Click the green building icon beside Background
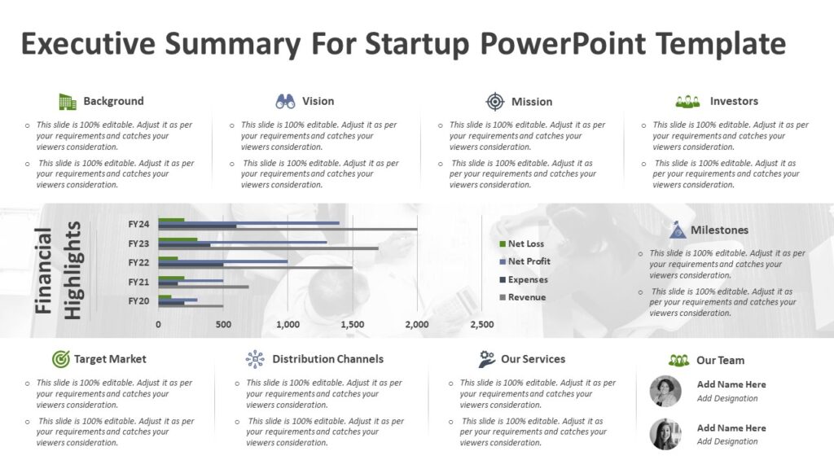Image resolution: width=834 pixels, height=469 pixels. click(67, 102)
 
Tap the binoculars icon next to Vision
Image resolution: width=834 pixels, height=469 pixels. click(285, 102)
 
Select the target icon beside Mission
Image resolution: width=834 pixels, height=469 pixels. click(495, 102)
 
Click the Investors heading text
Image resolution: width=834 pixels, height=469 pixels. click(734, 101)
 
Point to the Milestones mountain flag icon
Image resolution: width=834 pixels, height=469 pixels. click(677, 230)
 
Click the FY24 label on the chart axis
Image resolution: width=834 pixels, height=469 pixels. click(138, 224)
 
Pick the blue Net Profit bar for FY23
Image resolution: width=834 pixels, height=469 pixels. click(244, 242)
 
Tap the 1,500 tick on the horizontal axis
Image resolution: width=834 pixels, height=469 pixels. click(352, 324)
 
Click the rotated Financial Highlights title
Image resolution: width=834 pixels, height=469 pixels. click(59, 271)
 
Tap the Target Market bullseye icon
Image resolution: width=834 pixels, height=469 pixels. click(60, 359)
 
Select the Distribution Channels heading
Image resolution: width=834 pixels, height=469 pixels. click(327, 359)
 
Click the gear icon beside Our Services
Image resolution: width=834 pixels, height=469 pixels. click(487, 359)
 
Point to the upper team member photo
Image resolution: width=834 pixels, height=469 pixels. click(665, 391)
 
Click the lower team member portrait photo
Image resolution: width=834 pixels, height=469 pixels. click(665, 434)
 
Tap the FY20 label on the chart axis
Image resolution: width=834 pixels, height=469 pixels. click(138, 300)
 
